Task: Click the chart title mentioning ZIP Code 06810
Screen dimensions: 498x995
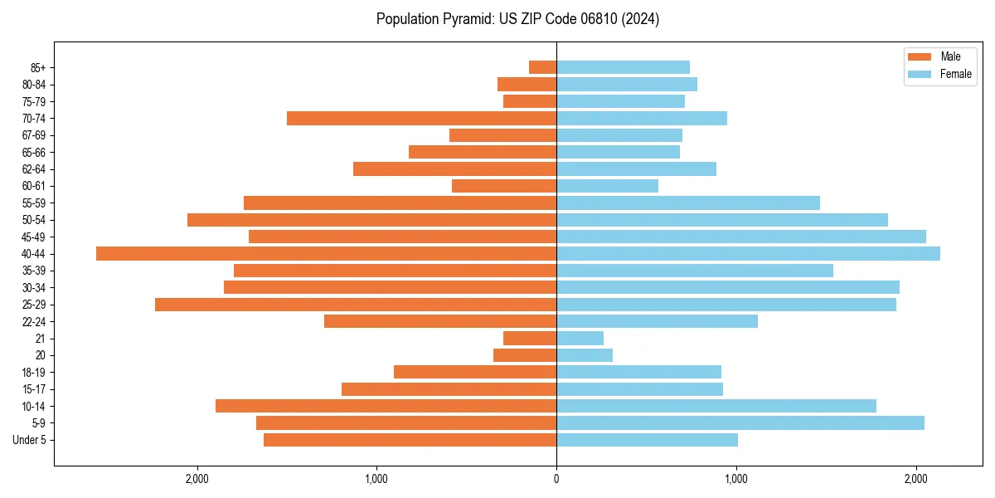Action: tap(517, 19)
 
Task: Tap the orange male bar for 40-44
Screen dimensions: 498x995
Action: tap(326, 253)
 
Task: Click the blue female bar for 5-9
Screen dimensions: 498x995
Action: tap(740, 422)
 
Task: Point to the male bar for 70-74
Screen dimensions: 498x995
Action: tap(421, 118)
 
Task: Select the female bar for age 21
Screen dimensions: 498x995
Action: tap(580, 338)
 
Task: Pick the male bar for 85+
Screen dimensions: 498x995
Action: tap(542, 67)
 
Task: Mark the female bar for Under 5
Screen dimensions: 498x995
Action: tap(647, 440)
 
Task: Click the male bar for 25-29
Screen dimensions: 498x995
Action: tap(356, 305)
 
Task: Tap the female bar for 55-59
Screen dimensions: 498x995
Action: tap(688, 203)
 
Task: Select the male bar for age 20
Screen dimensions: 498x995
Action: tap(525, 355)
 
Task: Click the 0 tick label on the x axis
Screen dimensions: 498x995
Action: tap(556, 480)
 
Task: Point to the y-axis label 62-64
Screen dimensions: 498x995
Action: tap(34, 169)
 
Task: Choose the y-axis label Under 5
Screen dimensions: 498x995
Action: tap(30, 440)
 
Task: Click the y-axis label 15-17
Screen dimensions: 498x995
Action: tap(34, 389)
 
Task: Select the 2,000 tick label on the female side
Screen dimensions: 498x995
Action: tap(915, 480)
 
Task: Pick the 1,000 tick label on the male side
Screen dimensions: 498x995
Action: tap(376, 480)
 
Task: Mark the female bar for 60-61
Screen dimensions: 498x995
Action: tap(607, 186)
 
